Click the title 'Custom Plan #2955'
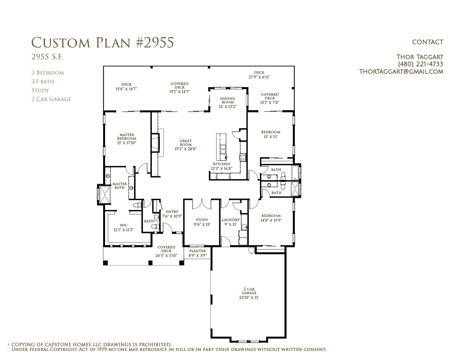pos(102,43)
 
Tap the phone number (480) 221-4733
pos(420,64)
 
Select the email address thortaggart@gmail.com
pos(401,71)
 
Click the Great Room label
pos(186,143)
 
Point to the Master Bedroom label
pos(127,137)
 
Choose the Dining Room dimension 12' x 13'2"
pos(227,106)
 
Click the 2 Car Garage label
pos(249,291)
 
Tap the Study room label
pos(202,220)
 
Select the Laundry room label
pos(231,220)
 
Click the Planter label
pos(198,251)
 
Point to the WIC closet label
pos(123,225)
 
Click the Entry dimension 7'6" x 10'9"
pos(172,216)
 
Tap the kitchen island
pos(221,147)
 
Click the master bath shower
pos(105,195)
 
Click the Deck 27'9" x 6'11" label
pos(259,75)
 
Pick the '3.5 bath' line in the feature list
pos(43,81)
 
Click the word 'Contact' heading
pos(428,42)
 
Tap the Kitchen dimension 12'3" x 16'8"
pos(222,168)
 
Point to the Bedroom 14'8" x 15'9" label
pos(271,218)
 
